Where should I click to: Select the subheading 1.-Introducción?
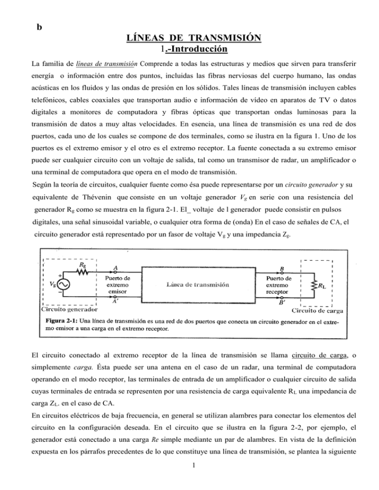coord(190,49)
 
